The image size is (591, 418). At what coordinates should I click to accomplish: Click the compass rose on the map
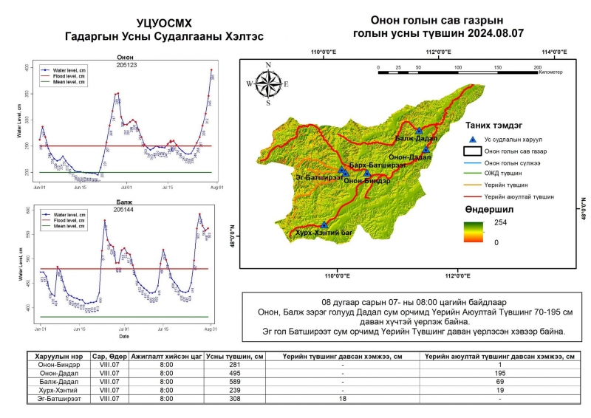point(268,83)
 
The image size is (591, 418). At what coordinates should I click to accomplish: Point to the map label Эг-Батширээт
point(317,177)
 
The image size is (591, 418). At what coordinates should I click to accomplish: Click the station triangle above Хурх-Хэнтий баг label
point(324,225)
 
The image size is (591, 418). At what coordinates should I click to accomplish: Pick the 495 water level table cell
point(236,373)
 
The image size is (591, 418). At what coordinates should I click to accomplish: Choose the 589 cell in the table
point(236,381)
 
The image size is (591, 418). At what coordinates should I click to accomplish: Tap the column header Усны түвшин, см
point(236,356)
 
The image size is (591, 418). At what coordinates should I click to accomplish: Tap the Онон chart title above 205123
point(125,57)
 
